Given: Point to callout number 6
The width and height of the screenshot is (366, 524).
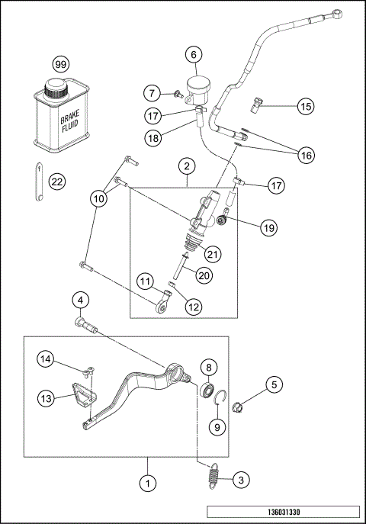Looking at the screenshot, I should pos(194,54).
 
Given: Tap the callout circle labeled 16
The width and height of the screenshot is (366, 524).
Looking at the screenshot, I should pos(306,154).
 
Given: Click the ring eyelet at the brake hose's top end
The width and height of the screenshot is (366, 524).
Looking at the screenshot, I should pos(336,13).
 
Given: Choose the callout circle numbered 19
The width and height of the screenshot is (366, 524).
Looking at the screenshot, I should pos(268,227).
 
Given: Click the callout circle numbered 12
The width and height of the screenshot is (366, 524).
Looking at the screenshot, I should pos(193,307).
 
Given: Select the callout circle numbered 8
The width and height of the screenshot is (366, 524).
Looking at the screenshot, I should pos(207,367).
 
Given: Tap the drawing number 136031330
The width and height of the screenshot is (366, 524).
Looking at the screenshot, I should pos(282,511).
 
